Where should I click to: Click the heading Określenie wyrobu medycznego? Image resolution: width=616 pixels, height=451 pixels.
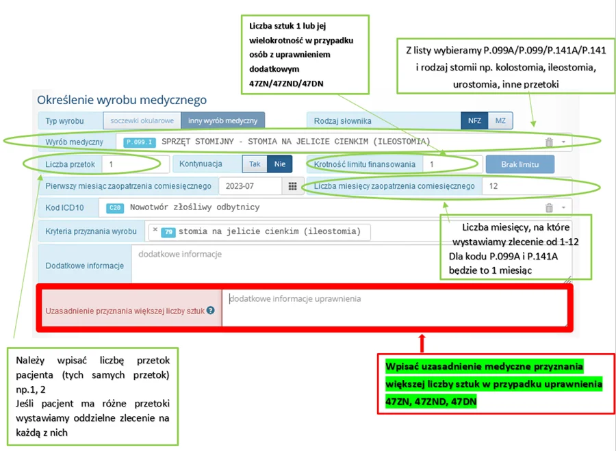(121, 101)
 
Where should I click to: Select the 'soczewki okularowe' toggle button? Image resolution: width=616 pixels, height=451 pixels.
(142, 120)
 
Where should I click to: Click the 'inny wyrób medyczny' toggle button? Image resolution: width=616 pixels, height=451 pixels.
(222, 120)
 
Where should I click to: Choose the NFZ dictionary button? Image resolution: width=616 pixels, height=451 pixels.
(474, 120)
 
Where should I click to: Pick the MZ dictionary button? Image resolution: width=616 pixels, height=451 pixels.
(500, 120)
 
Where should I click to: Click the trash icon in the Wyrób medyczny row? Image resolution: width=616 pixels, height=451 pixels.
(549, 142)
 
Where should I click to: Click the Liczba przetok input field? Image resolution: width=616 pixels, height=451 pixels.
(135, 164)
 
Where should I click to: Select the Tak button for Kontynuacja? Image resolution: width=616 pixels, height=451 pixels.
(255, 164)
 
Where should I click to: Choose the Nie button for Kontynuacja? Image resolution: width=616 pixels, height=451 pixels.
(279, 164)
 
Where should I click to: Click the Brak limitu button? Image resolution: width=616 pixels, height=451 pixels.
(519, 164)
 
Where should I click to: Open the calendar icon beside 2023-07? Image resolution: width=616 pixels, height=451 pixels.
(292, 186)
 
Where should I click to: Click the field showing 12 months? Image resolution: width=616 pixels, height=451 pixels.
(525, 186)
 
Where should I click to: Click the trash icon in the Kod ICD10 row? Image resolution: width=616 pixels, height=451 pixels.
(549, 208)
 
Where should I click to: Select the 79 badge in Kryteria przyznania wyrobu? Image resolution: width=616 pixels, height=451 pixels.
(168, 231)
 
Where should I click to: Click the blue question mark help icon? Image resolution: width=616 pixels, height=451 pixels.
(211, 310)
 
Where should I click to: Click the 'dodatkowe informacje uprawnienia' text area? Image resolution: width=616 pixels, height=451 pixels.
(394, 307)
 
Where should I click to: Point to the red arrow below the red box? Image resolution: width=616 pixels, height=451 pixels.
(422, 342)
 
